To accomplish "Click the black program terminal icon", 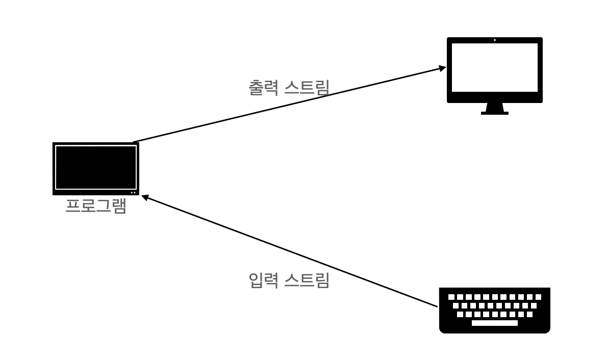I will (95, 168).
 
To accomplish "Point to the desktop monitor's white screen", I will (494, 67).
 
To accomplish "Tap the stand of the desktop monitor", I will (494, 109).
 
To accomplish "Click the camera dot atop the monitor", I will (494, 40).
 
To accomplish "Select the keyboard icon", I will (494, 310).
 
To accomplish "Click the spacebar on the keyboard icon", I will (494, 323).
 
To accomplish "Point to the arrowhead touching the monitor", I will (441, 68).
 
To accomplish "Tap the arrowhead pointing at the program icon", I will (144, 197).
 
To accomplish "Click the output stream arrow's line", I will (286, 105).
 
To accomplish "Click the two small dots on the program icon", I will (133, 192).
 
